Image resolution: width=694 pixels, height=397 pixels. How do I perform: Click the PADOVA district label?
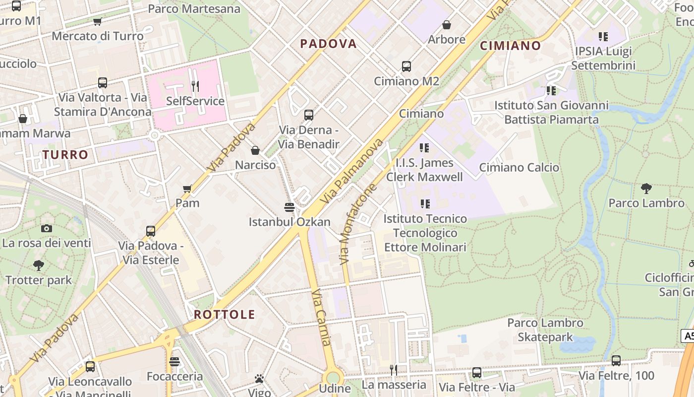click(328, 44)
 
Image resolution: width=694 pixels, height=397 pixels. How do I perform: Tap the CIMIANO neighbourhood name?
click(510, 46)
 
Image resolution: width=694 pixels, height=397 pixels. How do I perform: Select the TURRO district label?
click(65, 155)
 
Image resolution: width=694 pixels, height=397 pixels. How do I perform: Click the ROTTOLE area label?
click(224, 315)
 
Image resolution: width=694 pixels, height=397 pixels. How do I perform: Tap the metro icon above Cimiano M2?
click(406, 66)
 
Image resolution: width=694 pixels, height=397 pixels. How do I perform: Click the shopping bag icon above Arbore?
click(446, 25)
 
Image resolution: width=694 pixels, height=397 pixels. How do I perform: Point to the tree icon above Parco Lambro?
click(646, 188)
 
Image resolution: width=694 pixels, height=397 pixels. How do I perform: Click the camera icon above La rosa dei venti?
click(47, 228)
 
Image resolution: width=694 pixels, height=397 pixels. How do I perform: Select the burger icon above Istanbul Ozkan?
click(289, 206)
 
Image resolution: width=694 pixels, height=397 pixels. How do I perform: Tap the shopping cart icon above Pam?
click(187, 188)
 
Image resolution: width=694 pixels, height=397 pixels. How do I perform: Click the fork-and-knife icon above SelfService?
click(195, 86)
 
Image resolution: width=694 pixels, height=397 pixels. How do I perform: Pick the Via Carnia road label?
click(321, 318)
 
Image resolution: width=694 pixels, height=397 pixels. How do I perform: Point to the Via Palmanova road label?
click(351, 171)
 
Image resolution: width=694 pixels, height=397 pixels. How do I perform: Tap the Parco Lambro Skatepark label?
click(545, 330)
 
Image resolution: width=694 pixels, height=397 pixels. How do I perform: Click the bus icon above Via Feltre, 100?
click(616, 361)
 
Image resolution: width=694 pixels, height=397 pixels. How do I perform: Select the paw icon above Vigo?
click(259, 379)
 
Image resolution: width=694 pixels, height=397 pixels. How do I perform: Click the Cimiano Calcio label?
click(519, 168)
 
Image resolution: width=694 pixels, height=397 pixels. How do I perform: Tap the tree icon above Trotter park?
click(38, 265)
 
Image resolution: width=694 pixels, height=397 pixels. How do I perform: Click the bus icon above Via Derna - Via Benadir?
click(308, 115)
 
